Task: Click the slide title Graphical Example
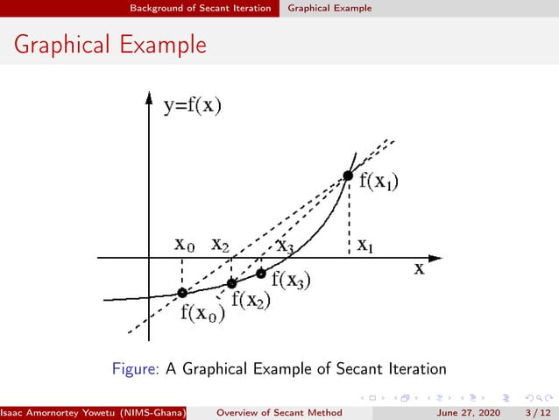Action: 110,43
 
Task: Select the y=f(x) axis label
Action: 192,107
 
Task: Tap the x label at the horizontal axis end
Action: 420,269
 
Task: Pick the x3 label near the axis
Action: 285,246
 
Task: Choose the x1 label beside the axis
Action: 364,246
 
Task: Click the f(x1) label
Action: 379,182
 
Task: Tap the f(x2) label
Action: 251,300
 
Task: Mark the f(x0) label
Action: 202,313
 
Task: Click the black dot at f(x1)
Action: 348,175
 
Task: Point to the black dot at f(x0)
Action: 181,293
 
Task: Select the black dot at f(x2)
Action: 231,283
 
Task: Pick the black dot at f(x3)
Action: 260,274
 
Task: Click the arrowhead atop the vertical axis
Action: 149,96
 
